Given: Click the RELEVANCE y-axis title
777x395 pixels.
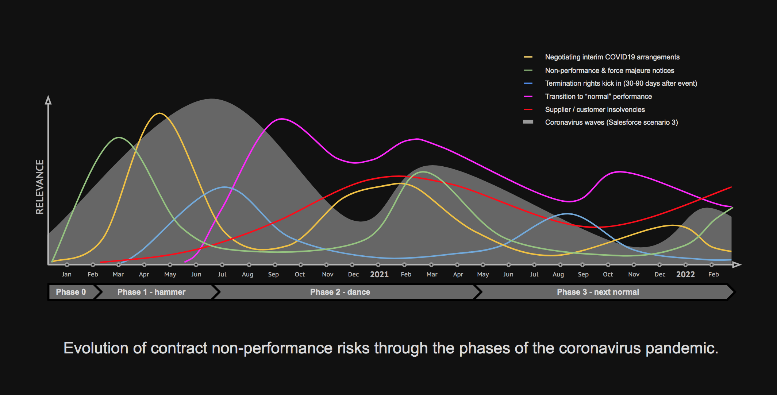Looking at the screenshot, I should click(39, 187).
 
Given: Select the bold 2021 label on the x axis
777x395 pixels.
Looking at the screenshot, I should click(379, 275).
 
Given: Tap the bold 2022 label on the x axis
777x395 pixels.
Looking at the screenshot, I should click(685, 275).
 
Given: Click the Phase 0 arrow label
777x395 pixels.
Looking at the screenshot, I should click(71, 292).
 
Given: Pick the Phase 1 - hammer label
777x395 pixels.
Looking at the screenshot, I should click(151, 292).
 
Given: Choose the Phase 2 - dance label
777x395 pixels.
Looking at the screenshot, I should click(340, 292).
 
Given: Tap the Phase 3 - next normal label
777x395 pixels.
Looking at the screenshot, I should click(597, 292).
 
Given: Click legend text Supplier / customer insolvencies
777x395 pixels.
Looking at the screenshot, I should click(595, 109).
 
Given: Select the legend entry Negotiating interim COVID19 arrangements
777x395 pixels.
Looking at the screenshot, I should click(612, 57).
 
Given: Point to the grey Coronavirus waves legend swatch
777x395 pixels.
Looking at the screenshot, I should click(528, 122).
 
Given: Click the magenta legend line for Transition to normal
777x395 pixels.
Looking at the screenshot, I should click(528, 96).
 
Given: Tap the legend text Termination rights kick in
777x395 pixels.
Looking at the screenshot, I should click(621, 83).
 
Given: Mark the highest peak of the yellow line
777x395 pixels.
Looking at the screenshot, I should click(159, 113).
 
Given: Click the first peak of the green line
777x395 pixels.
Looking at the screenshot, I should click(119, 138).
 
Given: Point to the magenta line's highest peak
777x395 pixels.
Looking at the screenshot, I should click(282, 119).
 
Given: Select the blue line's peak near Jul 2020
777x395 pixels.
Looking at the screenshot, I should click(224, 187).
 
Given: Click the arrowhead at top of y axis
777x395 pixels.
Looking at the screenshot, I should click(48, 100).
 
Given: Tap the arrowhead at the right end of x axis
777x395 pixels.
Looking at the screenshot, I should click(737, 264).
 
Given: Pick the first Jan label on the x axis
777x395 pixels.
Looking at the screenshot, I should click(66, 274).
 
